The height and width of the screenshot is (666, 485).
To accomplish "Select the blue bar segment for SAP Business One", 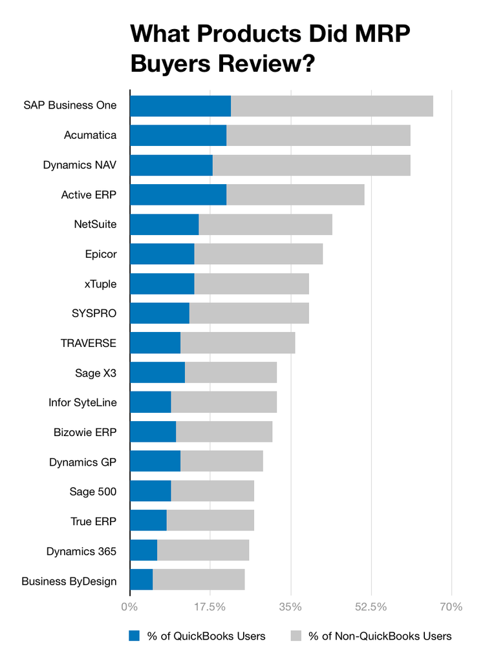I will point(180,106).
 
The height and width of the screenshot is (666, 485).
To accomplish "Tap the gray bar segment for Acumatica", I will point(318,136).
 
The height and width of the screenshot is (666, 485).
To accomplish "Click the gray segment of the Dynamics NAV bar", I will point(311,165).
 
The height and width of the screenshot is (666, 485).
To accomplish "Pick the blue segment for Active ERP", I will point(178,194).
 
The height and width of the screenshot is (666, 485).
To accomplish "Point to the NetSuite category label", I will point(95,224).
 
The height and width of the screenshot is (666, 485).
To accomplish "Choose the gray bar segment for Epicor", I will point(258,254).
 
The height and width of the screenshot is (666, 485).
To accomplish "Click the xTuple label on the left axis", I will point(100,284).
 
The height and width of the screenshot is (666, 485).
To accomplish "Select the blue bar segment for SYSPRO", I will point(160,313).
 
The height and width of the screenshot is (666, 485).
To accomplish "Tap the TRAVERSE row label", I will point(89,342).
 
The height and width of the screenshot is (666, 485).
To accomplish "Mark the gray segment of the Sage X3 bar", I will point(231,372).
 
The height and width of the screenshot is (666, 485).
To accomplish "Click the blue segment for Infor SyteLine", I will point(151,402).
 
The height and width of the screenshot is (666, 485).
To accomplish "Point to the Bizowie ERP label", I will point(85,432).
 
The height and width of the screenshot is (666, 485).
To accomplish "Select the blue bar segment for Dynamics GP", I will point(155,461).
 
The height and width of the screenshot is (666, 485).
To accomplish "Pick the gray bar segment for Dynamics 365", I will point(203,550).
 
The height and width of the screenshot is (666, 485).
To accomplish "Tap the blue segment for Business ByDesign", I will point(142,579).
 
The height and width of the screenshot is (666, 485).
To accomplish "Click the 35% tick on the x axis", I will point(290,607).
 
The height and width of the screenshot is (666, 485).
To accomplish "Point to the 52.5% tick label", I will point(371,607).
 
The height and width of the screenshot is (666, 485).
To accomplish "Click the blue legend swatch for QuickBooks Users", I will point(135,636).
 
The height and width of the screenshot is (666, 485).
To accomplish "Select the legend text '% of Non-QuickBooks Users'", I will point(380,636).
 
